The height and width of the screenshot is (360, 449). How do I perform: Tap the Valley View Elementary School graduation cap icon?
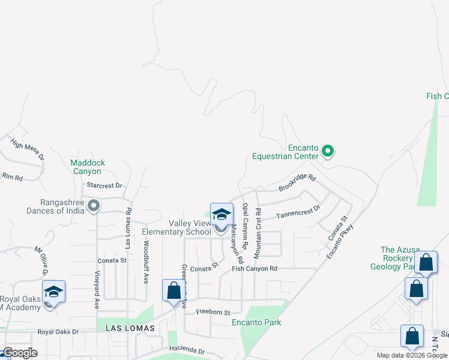click(x=221, y=215)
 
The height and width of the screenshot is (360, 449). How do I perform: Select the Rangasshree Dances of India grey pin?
click(x=94, y=206)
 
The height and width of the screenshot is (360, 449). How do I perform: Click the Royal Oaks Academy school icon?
click(x=53, y=292)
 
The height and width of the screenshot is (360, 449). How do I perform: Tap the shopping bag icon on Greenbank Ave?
click(x=173, y=290)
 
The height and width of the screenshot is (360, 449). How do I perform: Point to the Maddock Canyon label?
click(x=88, y=167)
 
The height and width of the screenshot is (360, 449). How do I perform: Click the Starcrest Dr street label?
click(x=104, y=186)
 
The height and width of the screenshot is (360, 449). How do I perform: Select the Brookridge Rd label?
click(x=297, y=184)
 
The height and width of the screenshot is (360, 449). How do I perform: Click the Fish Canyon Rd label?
click(x=255, y=269)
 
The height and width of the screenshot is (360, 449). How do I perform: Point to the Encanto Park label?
click(x=256, y=323)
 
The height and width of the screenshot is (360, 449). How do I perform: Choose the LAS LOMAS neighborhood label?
click(x=130, y=328)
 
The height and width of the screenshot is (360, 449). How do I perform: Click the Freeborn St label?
click(x=213, y=313)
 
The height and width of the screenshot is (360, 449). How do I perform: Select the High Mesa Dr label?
click(x=28, y=149)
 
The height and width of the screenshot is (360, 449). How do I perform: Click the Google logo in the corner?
click(x=19, y=353)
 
